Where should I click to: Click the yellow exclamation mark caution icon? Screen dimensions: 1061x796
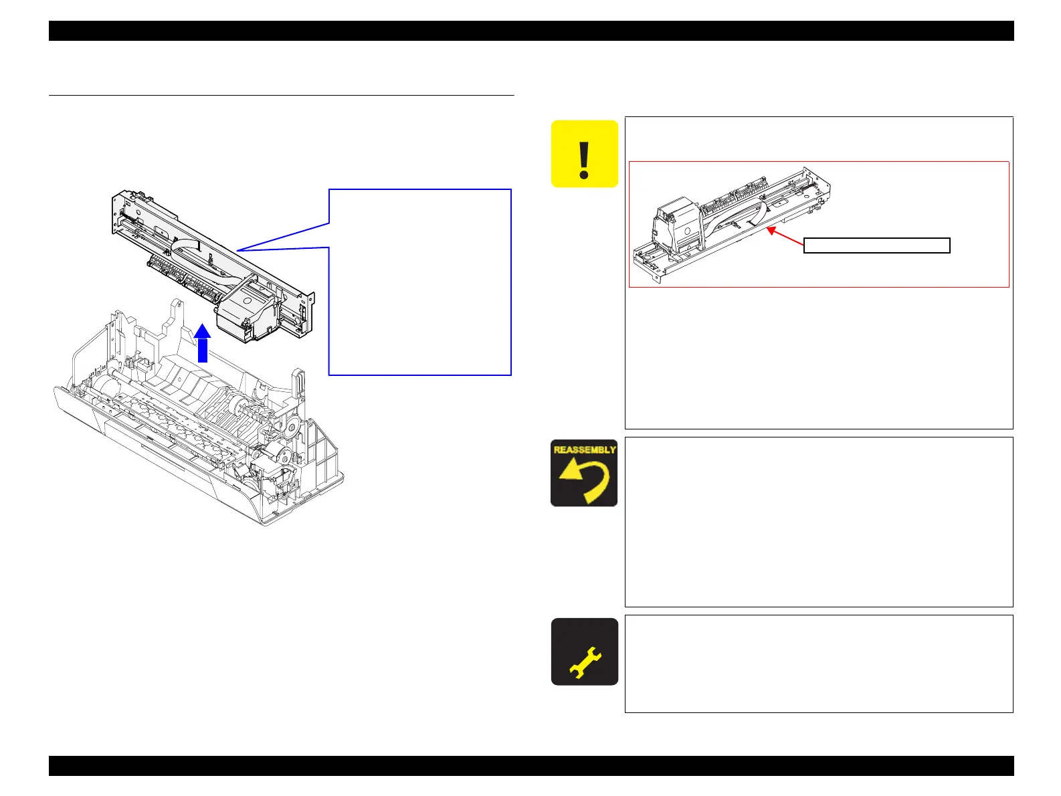pyautogui.click(x=584, y=154)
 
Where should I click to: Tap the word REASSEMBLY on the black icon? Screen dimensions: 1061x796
pyautogui.click(x=584, y=450)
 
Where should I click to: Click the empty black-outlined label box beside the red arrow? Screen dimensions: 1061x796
pyautogui.click(x=876, y=245)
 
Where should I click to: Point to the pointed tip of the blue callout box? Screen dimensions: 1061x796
pyautogui.click(x=238, y=250)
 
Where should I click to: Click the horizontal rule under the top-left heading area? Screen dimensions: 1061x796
pyautogui.click(x=281, y=96)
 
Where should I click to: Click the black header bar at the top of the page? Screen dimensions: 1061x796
pyautogui.click(x=530, y=31)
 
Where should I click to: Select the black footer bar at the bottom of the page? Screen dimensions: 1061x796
pyautogui.click(x=530, y=766)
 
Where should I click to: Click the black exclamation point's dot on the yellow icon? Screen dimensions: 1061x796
pyautogui.click(x=584, y=175)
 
